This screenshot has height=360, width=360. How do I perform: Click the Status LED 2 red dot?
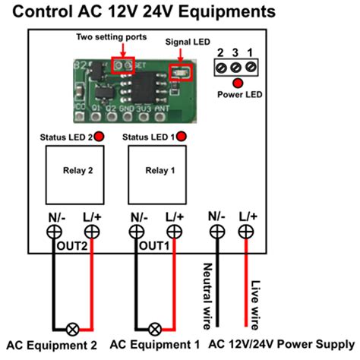click(x=99, y=137)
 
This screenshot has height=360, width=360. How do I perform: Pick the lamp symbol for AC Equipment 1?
click(x=156, y=329)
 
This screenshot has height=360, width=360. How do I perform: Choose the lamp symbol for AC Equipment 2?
click(x=73, y=329)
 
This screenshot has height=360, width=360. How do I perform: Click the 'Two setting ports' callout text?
click(x=116, y=36)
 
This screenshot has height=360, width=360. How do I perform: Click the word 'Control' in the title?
click(x=43, y=11)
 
